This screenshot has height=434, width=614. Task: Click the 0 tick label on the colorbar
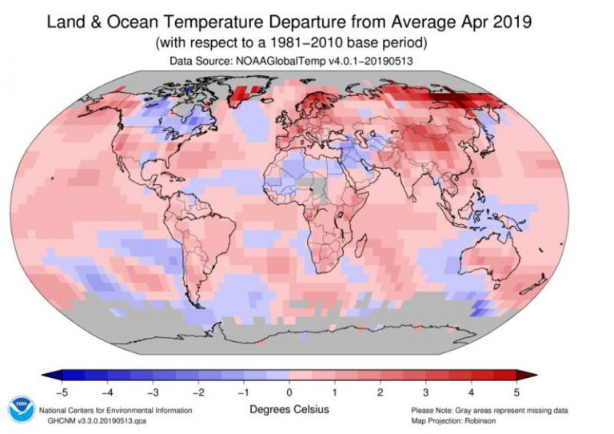289,392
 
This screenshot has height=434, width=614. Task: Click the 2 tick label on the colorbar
381,392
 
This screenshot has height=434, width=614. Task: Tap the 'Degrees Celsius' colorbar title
289,410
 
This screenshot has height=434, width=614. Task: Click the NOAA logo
20,408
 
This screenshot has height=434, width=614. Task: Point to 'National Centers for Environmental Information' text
116,410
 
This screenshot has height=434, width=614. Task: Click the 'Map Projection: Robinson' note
454,420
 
